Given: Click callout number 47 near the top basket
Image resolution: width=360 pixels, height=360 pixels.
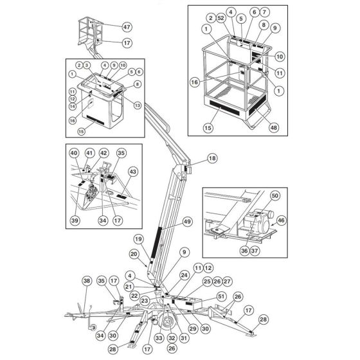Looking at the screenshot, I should click(x=127, y=27).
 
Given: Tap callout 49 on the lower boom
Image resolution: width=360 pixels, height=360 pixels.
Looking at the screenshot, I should click(x=188, y=221).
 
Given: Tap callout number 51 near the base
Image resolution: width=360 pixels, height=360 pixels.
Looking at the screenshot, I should click(x=222, y=296).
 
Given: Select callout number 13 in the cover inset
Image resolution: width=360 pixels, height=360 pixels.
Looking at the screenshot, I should click(x=138, y=105).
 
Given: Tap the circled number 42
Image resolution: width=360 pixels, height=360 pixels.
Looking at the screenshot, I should click(x=104, y=153).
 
